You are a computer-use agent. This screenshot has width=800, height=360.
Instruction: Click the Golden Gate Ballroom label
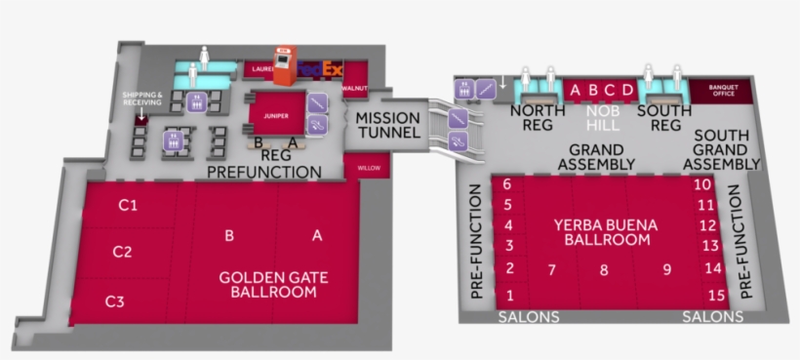click(273, 284)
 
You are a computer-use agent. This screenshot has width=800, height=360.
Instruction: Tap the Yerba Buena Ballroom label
click(605, 231)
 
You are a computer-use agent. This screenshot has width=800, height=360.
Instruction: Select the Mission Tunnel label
click(387, 125)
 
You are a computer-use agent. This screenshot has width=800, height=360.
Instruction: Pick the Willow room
click(369, 168)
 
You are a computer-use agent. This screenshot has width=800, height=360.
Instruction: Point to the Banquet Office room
click(723, 91)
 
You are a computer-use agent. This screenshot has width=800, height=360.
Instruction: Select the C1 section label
click(128, 206)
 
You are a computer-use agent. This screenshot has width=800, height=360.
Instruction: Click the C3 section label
click(114, 301)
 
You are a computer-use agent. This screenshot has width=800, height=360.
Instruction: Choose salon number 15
click(717, 295)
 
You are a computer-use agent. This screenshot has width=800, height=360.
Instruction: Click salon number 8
click(604, 270)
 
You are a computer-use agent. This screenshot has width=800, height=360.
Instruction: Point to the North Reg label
click(538, 118)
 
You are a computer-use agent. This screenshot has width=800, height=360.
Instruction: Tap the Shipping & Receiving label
click(141, 98)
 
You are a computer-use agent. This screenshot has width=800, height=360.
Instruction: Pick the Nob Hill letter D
click(628, 91)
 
